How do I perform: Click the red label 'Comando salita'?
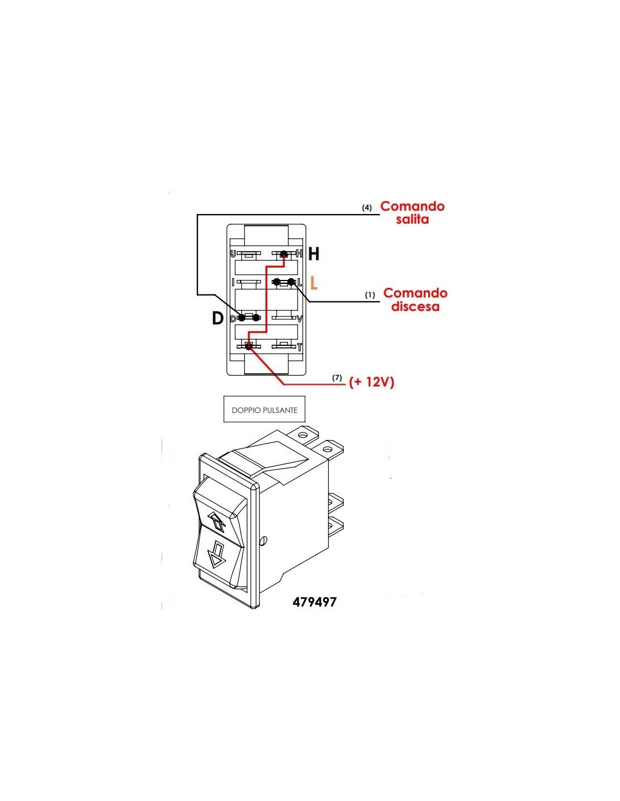[x=413, y=213]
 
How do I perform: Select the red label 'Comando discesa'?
[x=415, y=300]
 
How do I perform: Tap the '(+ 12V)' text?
[x=371, y=382]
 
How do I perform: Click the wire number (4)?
[x=367, y=208]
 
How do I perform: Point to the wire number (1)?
[x=370, y=295]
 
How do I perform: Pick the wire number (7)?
[x=337, y=377]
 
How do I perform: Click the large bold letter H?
[x=314, y=255]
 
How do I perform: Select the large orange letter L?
[x=313, y=283]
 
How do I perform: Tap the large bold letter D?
[x=218, y=319]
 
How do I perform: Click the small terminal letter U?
[x=233, y=254]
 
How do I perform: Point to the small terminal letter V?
[x=300, y=319]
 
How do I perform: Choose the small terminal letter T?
[x=299, y=347]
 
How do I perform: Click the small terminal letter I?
[x=233, y=282]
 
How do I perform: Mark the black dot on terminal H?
[x=284, y=255]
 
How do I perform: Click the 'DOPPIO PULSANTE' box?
[x=264, y=410]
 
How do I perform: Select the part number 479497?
[x=315, y=602]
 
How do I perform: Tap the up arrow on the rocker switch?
[x=218, y=522]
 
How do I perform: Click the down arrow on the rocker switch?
[x=216, y=554]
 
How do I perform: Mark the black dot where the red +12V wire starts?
[x=249, y=346]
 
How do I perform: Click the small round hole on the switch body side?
[x=263, y=541]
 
